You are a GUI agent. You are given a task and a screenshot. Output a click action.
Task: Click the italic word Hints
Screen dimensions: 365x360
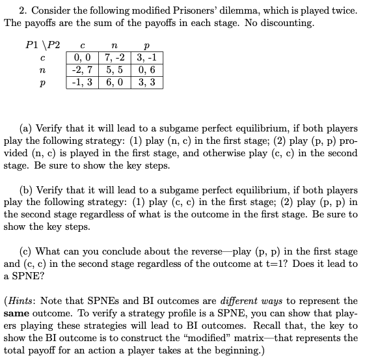click(22, 301)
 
